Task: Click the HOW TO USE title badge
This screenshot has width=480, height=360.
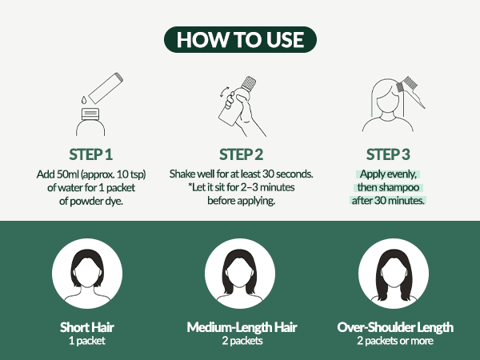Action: [240, 39]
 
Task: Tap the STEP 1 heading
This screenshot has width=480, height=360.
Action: [91, 154]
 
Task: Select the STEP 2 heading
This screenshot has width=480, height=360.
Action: [242, 154]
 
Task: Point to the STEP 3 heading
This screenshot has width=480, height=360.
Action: [388, 154]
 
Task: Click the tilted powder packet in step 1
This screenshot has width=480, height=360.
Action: [106, 88]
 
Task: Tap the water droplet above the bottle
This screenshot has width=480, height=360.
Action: [84, 100]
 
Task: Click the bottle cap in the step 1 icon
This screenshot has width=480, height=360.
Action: [90, 114]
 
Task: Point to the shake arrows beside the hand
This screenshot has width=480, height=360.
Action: [224, 92]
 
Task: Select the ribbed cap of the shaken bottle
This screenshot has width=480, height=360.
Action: [249, 82]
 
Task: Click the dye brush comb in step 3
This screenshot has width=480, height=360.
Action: [410, 90]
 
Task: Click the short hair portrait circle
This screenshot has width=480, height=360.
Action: [87, 274]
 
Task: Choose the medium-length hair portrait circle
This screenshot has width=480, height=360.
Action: [240, 274]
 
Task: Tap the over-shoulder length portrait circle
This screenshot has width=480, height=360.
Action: [394, 274]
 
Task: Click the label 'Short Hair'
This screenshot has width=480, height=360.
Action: [87, 327]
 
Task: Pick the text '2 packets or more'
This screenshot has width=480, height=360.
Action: [395, 341]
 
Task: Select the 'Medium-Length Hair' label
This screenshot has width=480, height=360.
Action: [242, 327]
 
